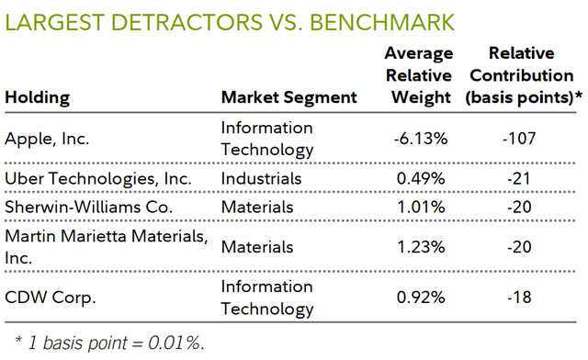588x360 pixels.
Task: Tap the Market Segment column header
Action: tap(289, 96)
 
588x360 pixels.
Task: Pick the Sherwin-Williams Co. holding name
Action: tap(89, 207)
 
